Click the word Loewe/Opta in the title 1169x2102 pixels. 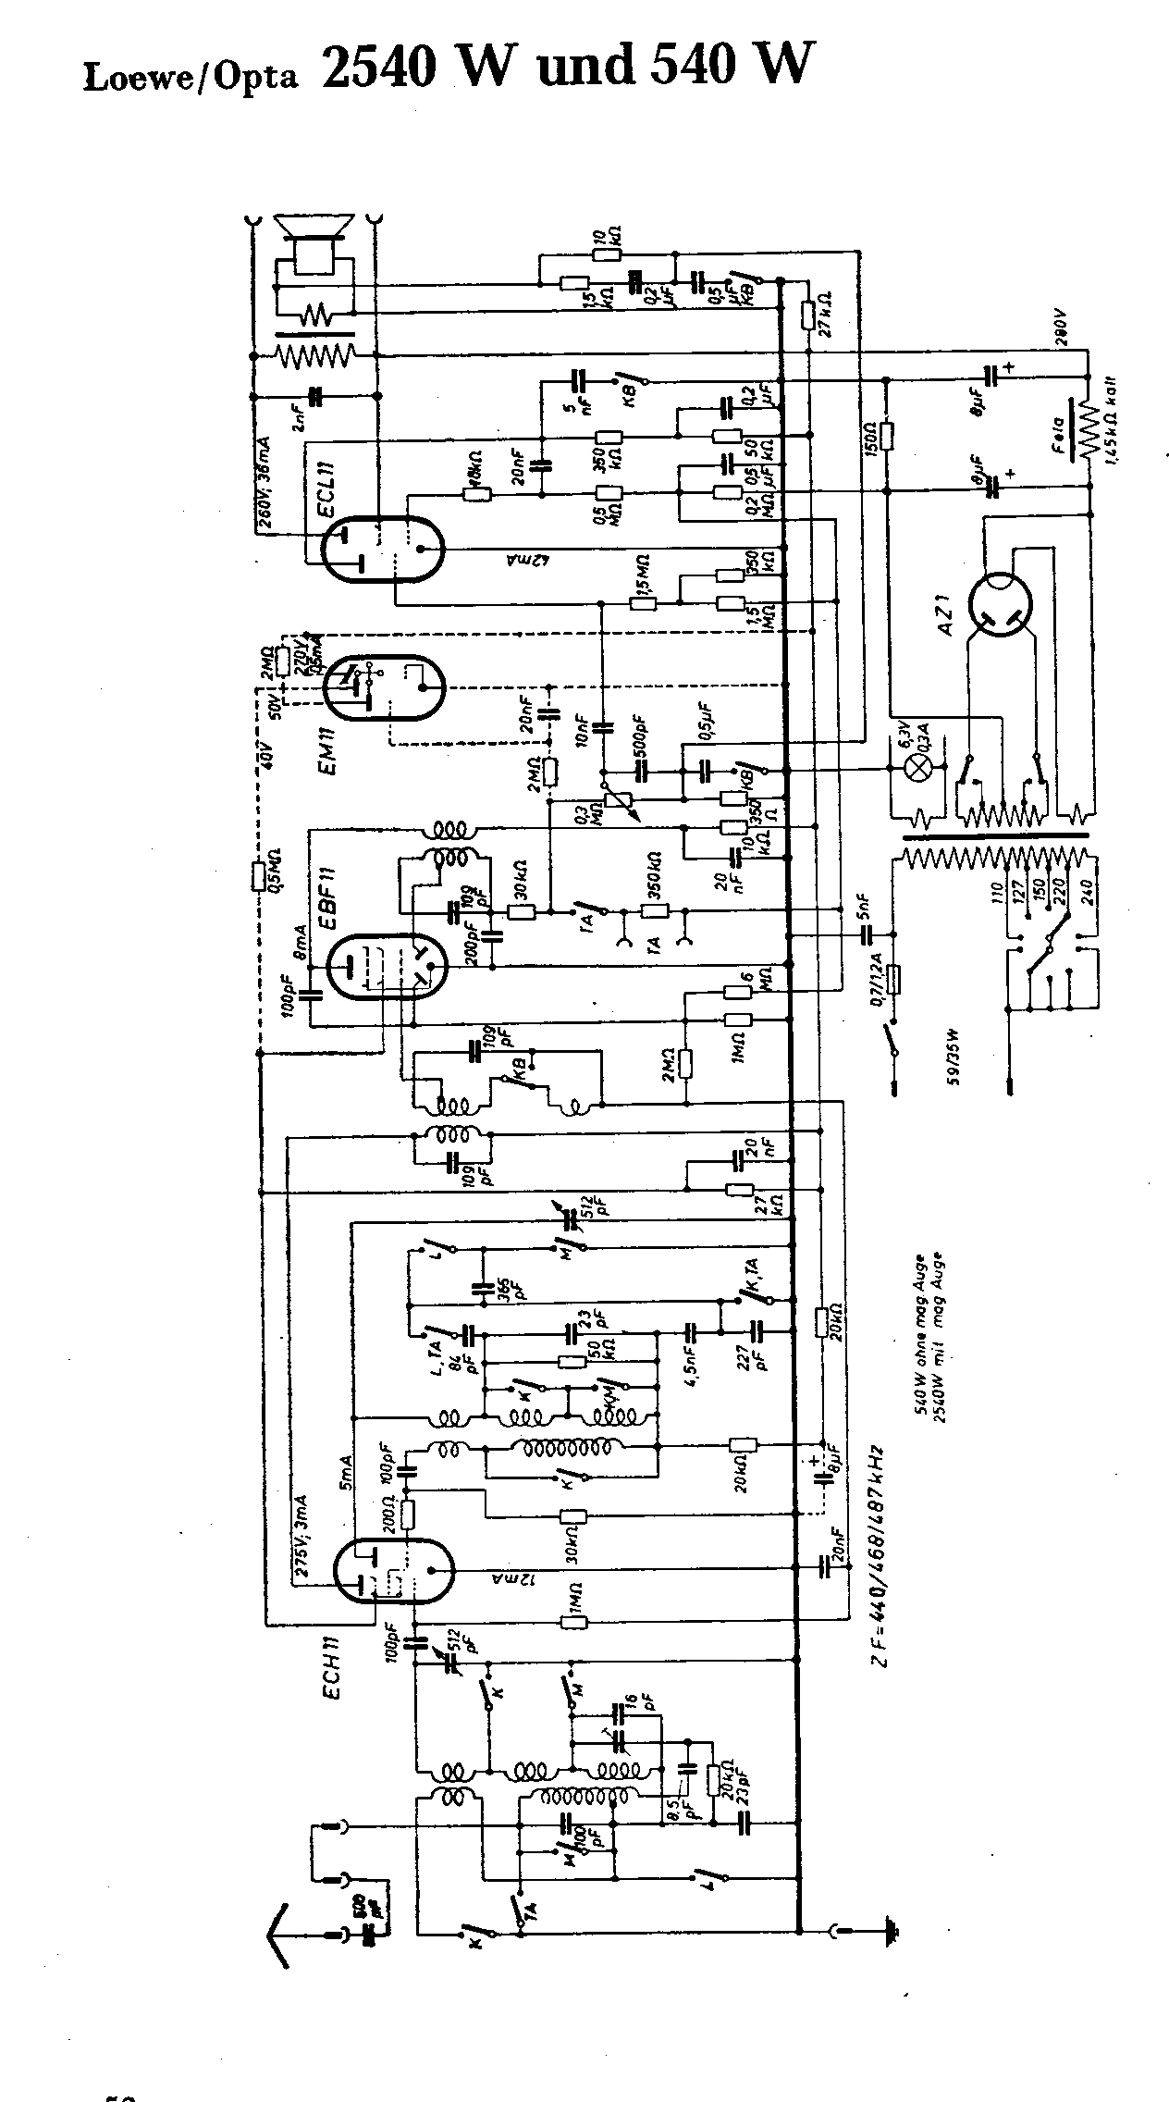191,78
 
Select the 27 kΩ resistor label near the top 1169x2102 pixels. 821,314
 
